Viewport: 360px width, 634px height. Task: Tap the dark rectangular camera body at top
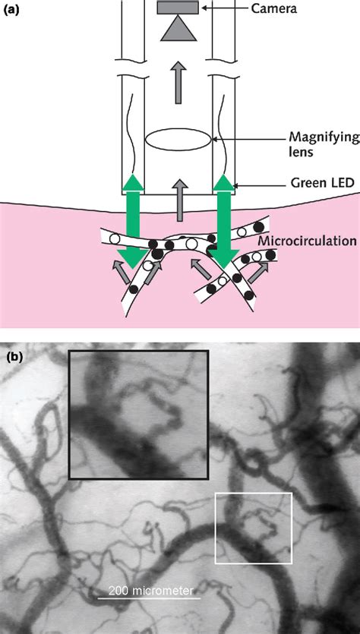[178, 8]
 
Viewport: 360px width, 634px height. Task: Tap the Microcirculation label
[307, 241]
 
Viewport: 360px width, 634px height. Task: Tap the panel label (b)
[14, 354]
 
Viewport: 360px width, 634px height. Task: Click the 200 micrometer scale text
[150, 590]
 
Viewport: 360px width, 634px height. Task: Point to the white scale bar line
[150, 599]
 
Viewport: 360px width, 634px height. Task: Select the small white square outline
[254, 528]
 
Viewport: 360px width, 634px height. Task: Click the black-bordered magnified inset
[137, 414]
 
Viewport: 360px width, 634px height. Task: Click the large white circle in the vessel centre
[191, 244]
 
